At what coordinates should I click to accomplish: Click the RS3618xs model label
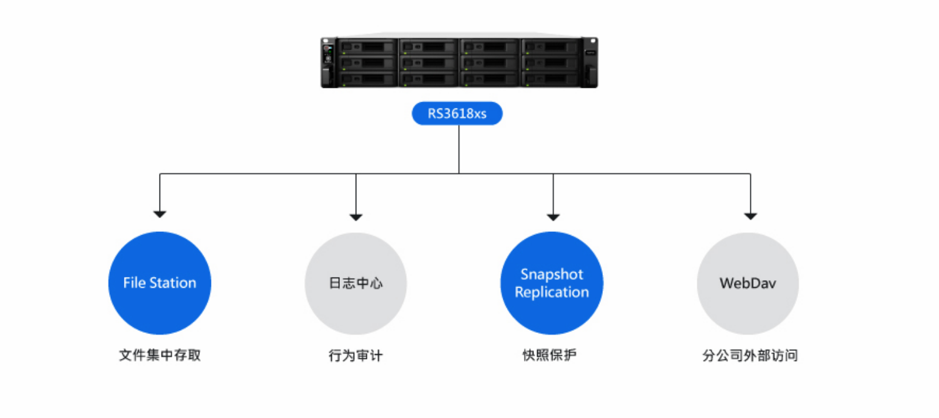(x=457, y=113)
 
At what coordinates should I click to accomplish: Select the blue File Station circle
(x=160, y=283)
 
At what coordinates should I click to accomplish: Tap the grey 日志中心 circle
(x=356, y=283)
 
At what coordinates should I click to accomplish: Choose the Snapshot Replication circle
(x=552, y=283)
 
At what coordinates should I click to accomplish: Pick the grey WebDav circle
(x=748, y=283)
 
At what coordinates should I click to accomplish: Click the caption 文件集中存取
(x=160, y=355)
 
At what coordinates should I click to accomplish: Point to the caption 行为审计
(x=356, y=355)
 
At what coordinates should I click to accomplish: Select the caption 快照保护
(x=549, y=355)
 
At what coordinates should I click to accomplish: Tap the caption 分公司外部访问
(x=750, y=355)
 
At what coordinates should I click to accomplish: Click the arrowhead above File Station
(x=160, y=214)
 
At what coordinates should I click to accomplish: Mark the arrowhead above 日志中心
(x=356, y=217)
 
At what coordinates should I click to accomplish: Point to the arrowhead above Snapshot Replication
(x=553, y=217)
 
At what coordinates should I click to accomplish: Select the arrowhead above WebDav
(x=751, y=216)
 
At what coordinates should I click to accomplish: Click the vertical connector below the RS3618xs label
(x=459, y=149)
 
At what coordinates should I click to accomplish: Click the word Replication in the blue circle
(x=552, y=292)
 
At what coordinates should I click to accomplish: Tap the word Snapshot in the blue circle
(x=552, y=274)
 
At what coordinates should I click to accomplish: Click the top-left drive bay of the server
(x=367, y=46)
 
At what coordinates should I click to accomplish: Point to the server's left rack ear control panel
(x=328, y=62)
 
